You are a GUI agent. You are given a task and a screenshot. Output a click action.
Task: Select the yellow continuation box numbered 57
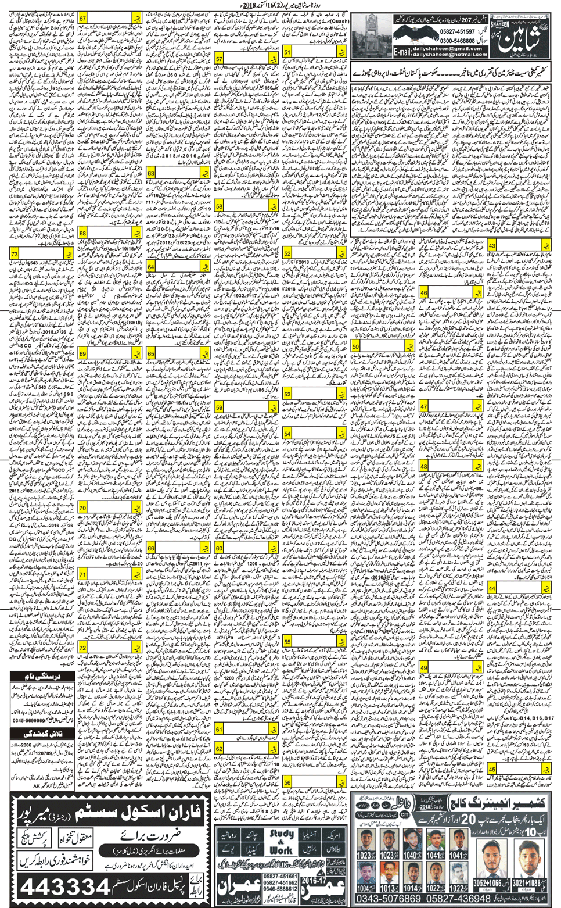tap(220, 59)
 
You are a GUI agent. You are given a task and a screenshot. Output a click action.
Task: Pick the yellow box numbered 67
tap(83, 19)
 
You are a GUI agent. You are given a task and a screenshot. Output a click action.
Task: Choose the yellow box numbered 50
tap(355, 346)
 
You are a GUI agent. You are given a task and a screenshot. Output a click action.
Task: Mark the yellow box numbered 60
tap(220, 548)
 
